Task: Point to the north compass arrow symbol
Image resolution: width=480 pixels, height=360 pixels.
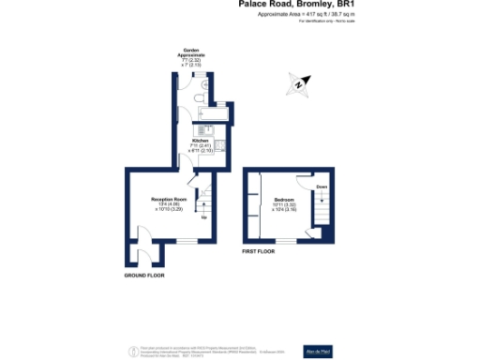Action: point(298,84)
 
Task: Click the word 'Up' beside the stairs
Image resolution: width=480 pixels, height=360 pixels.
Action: point(203,218)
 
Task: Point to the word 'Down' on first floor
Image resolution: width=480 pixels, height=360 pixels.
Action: point(322,187)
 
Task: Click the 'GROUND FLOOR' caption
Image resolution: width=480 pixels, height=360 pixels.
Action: point(143,277)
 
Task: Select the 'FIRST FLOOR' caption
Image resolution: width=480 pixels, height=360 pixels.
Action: point(262,251)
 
